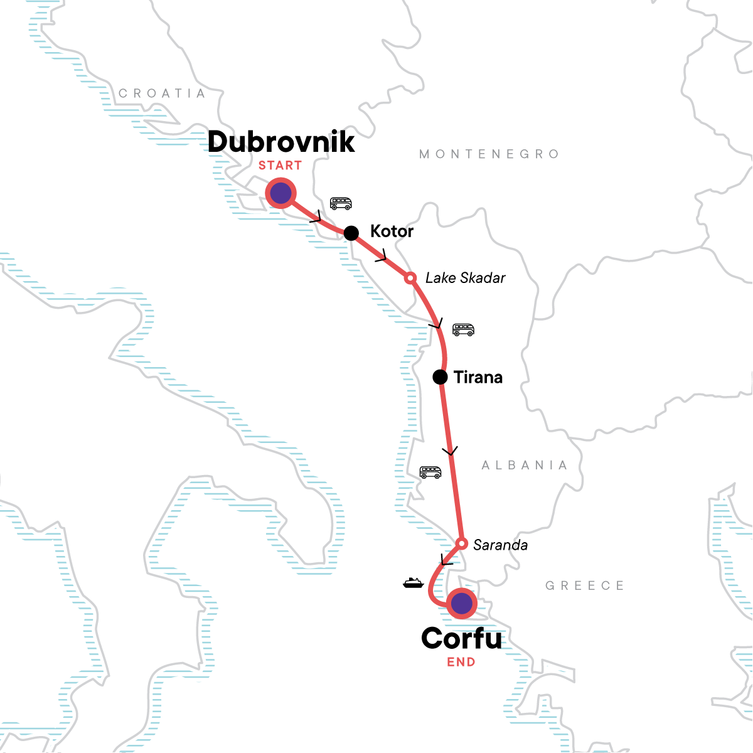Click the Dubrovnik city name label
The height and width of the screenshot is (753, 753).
pyautogui.click(x=281, y=142)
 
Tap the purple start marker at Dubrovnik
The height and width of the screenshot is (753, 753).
pyautogui.click(x=280, y=194)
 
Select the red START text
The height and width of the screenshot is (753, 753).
pyautogui.click(x=280, y=166)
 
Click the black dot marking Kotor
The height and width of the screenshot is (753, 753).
pyautogui.click(x=351, y=233)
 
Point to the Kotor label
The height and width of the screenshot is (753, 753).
pyautogui.click(x=392, y=232)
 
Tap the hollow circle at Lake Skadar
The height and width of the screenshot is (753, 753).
pyautogui.click(x=410, y=277)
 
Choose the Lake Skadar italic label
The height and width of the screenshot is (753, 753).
pyautogui.click(x=465, y=278)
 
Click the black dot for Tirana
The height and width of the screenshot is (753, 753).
pyautogui.click(x=441, y=377)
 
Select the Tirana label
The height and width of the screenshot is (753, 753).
pyautogui.click(x=478, y=377)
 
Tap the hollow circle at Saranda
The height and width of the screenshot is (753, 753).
pyautogui.click(x=461, y=543)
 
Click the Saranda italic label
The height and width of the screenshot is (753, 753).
pyautogui.click(x=500, y=545)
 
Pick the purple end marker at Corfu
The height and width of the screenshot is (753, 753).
pyautogui.click(x=461, y=603)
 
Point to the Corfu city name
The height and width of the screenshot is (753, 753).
pyautogui.click(x=461, y=639)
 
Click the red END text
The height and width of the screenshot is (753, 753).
pyautogui.click(x=461, y=662)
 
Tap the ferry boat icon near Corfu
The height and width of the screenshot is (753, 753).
pyautogui.click(x=413, y=583)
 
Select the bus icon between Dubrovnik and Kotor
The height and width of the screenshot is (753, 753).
pyautogui.click(x=341, y=203)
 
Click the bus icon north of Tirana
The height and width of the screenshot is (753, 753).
pyautogui.click(x=464, y=329)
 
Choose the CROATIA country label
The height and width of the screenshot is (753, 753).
pyautogui.click(x=162, y=93)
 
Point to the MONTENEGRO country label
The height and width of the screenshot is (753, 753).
pyautogui.click(x=489, y=154)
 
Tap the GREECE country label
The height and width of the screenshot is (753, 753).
pyautogui.click(x=584, y=586)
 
